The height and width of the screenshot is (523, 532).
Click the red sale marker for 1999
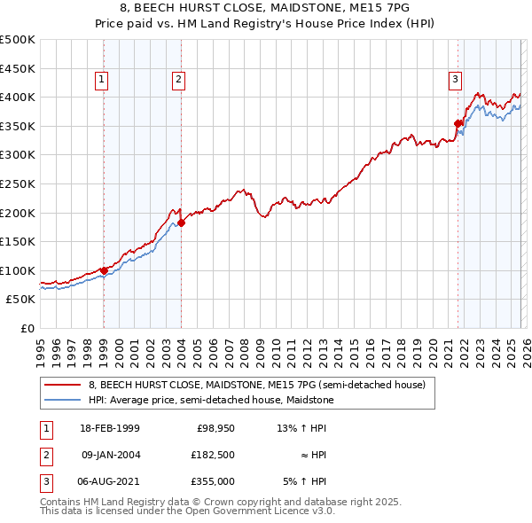104,270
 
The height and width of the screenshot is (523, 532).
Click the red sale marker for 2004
181,222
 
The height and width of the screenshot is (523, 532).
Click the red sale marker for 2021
458,123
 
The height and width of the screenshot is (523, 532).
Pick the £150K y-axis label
18,241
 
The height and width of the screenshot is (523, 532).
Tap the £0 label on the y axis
27,328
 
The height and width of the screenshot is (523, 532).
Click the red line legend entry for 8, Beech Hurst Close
257,385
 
